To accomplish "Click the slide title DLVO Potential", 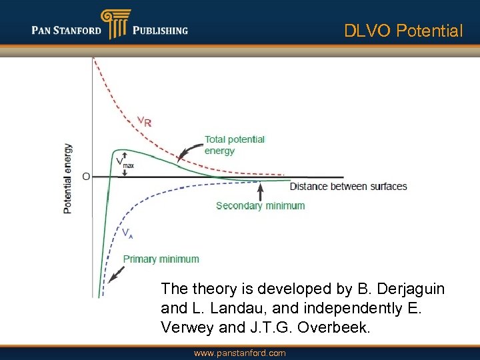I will point(403,31).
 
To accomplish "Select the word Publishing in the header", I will point(160,30).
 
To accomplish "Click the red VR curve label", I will point(144,121).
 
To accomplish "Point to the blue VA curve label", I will point(127,233).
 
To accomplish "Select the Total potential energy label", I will point(234,145).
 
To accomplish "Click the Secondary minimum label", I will point(260,205).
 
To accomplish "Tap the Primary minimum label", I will point(161,259).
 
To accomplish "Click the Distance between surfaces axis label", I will point(348,186).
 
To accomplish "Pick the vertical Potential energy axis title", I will point(67,179).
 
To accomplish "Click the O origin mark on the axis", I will point(86,177).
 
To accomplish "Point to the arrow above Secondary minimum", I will point(261,191).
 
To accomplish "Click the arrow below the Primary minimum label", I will point(117,274).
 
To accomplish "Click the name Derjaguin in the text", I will point(409,289).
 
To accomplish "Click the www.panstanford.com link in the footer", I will point(239,353).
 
